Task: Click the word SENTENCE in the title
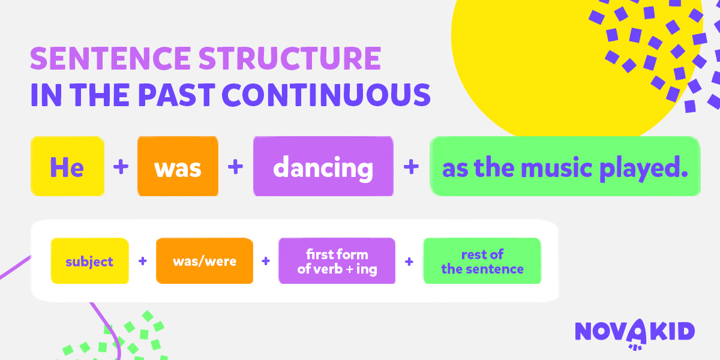pyautogui.click(x=110, y=58)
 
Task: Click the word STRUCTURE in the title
pyautogui.click(x=290, y=58)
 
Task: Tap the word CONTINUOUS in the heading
pyautogui.click(x=326, y=95)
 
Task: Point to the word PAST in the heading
pyautogui.click(x=176, y=95)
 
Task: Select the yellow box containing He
pyautogui.click(x=67, y=166)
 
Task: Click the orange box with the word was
pyautogui.click(x=178, y=166)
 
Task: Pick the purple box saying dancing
pyautogui.click(x=323, y=166)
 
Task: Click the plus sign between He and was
pyautogui.click(x=121, y=167)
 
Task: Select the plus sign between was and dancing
pyautogui.click(x=235, y=167)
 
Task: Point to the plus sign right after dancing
pyautogui.click(x=411, y=167)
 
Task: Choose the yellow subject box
pyautogui.click(x=89, y=260)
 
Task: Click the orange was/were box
pyautogui.click(x=205, y=260)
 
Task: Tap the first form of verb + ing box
pyautogui.click(x=337, y=260)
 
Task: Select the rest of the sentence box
pyautogui.click(x=482, y=260)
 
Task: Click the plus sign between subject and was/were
pyautogui.click(x=143, y=261)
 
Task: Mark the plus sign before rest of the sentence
pyautogui.click(x=409, y=262)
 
